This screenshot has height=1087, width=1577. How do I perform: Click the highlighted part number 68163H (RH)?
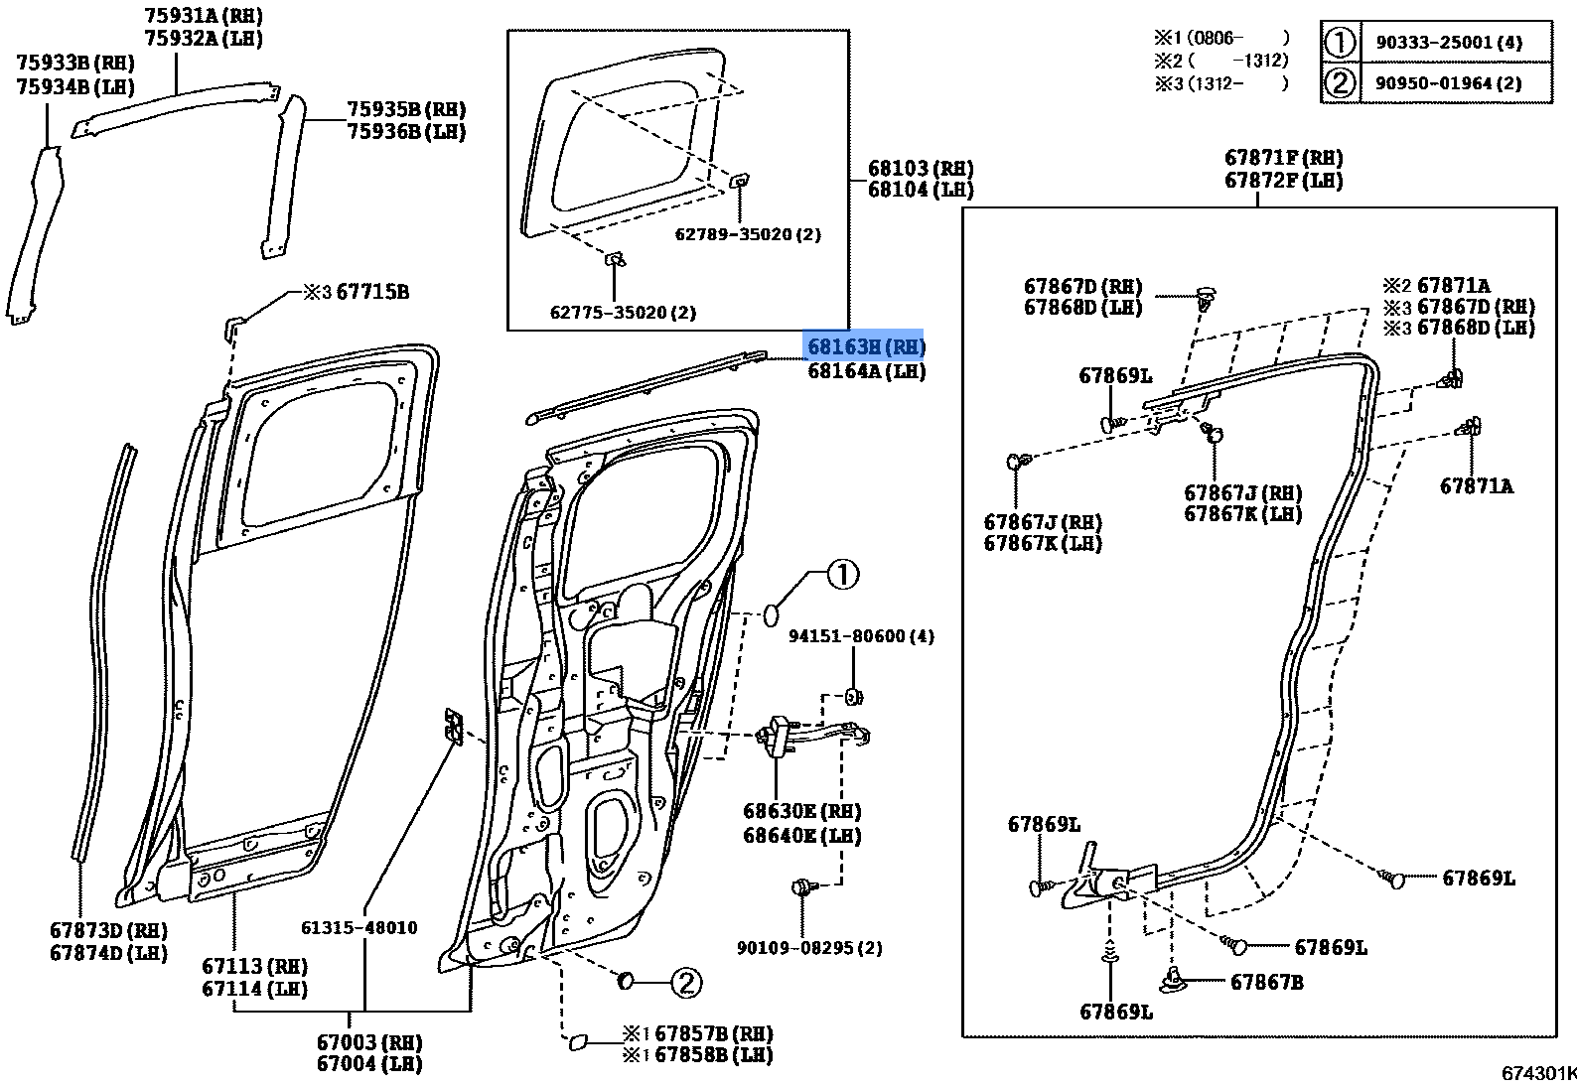(x=864, y=347)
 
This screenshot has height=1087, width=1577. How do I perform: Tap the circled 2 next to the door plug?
(x=685, y=983)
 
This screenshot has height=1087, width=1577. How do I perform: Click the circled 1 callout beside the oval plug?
(x=842, y=574)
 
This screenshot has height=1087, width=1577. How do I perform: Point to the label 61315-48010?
(x=358, y=928)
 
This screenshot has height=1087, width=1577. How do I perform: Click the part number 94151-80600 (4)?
(x=861, y=636)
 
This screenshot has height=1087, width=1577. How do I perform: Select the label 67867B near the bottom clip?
(x=1266, y=982)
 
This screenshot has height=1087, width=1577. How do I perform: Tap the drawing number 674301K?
(x=1537, y=1073)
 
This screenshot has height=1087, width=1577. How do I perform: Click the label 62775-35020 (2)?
(x=623, y=312)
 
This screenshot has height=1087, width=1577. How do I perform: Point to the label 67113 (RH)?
(x=254, y=966)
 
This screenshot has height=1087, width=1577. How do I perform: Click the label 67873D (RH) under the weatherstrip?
(x=108, y=931)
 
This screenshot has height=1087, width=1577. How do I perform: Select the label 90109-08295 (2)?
(x=808, y=948)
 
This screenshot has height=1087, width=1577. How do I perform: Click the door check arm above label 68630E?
(x=814, y=736)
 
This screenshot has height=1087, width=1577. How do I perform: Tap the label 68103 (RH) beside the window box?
(x=920, y=169)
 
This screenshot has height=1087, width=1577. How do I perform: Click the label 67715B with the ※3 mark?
(x=371, y=292)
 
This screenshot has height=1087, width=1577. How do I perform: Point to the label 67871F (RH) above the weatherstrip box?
(x=1283, y=158)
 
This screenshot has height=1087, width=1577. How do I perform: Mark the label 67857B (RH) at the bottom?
(x=712, y=1033)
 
